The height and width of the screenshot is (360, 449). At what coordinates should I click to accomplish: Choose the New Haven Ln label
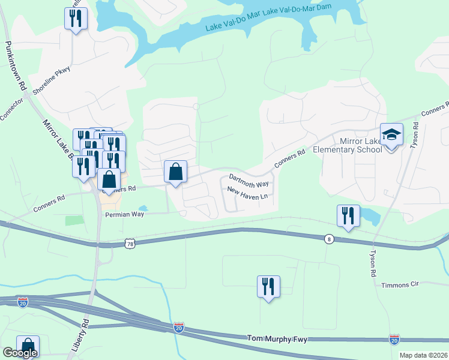[247, 194]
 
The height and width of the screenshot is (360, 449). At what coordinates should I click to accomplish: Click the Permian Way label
[125, 214]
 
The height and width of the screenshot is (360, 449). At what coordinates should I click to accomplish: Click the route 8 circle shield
[328, 238]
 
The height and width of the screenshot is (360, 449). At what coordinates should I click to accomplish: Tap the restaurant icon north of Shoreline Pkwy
[76, 19]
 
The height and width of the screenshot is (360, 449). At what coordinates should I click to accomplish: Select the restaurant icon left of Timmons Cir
[268, 286]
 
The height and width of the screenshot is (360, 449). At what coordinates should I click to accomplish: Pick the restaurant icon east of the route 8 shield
[348, 216]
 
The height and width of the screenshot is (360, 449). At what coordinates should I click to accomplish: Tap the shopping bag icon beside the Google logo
[28, 346]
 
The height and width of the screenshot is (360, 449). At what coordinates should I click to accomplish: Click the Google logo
[20, 353]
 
